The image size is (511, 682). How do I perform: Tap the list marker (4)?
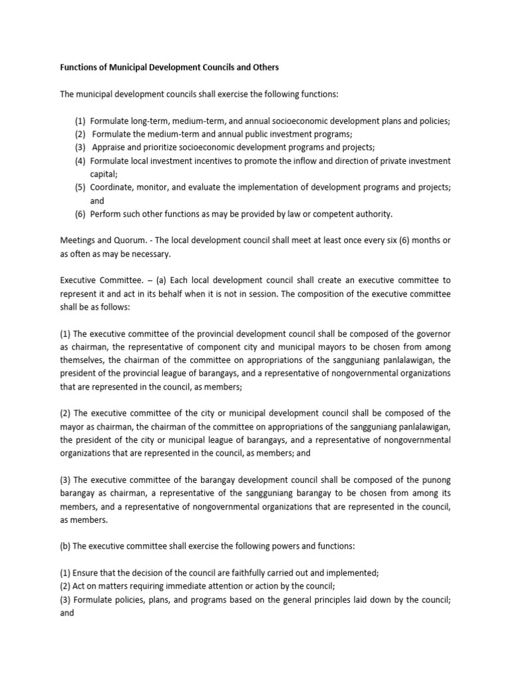(80, 161)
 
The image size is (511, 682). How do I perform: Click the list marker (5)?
(80, 188)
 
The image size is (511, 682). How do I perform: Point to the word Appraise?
(109, 148)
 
